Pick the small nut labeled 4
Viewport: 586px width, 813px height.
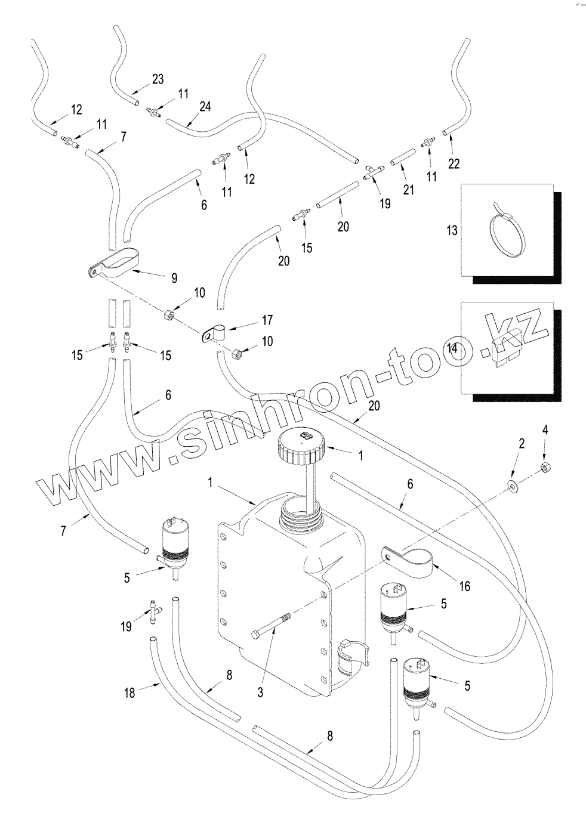click(544, 467)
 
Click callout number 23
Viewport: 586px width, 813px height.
click(157, 79)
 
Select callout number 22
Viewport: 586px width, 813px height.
click(454, 162)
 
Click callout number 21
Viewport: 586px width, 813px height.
click(408, 190)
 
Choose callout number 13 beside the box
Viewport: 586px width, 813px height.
click(452, 230)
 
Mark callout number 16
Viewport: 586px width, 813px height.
click(464, 586)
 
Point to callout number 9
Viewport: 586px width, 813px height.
click(174, 278)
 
